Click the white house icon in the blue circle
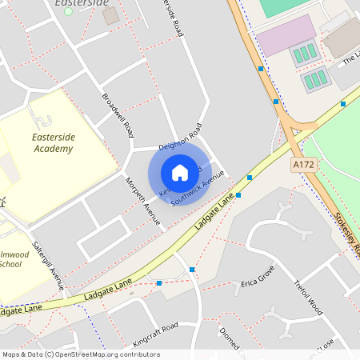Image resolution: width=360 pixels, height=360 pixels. coord(180,172)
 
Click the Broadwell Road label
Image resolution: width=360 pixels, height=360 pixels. coord(118,115)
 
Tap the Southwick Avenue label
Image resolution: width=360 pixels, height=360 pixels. coord(192,190)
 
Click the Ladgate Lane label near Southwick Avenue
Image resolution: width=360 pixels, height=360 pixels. coord(212,214)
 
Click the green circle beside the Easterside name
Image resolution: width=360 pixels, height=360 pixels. coord(68,11)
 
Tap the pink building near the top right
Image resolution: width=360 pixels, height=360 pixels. coord(286,35)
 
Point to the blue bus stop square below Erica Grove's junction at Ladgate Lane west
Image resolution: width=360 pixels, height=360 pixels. coord(159,283)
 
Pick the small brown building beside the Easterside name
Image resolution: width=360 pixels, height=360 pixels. coord(110,15)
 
